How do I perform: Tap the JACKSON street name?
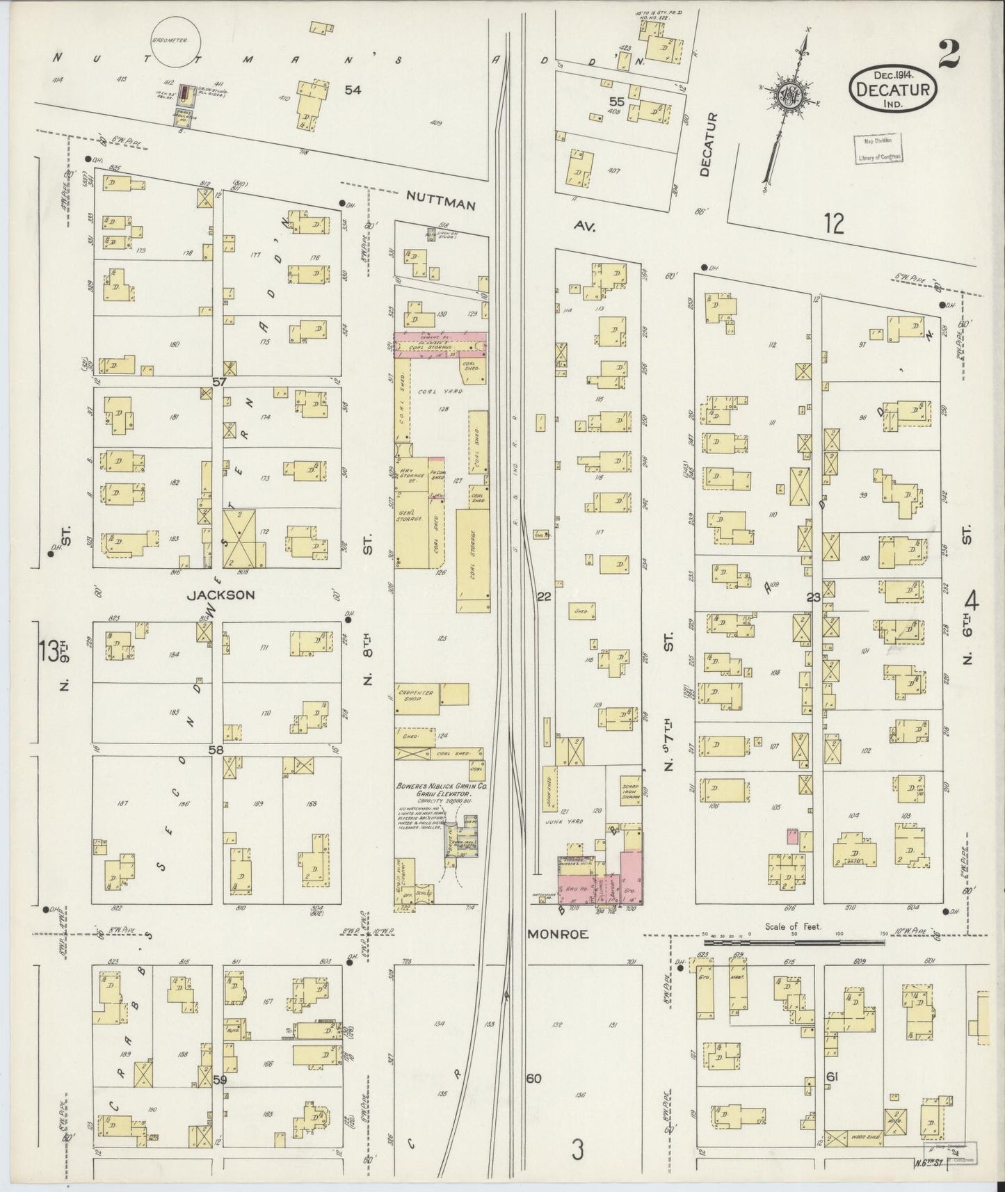click(221, 595)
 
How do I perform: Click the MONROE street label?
click(557, 935)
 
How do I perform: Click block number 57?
click(220, 382)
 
